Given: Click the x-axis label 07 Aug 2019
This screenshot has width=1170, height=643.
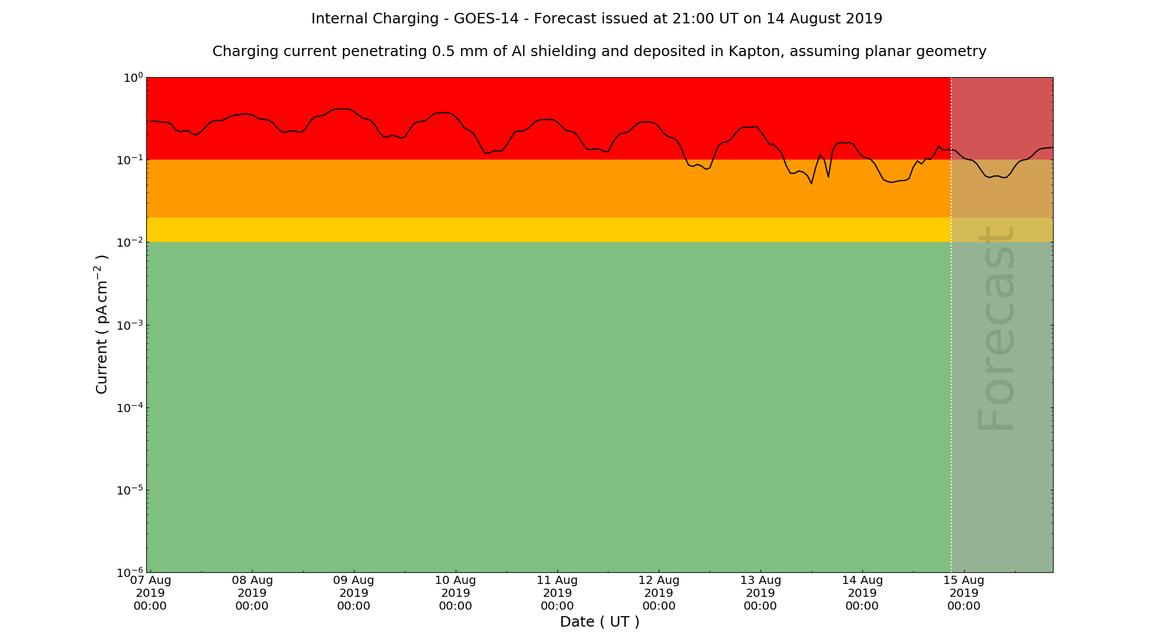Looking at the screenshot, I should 150,593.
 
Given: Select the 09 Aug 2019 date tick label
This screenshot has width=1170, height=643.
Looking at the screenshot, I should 354,593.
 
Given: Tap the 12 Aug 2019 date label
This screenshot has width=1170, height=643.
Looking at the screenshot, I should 659,593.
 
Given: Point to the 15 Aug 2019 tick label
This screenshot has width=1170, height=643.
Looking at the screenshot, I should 963,593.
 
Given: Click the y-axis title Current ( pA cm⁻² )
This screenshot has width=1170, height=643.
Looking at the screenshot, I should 102,324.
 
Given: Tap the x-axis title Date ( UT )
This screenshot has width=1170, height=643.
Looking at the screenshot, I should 600,621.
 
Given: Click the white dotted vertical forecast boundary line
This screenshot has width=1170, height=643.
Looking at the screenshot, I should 951,351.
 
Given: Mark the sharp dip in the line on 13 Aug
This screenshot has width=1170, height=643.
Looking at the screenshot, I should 811,183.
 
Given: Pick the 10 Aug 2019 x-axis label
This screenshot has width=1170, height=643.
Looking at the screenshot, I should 456,593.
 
